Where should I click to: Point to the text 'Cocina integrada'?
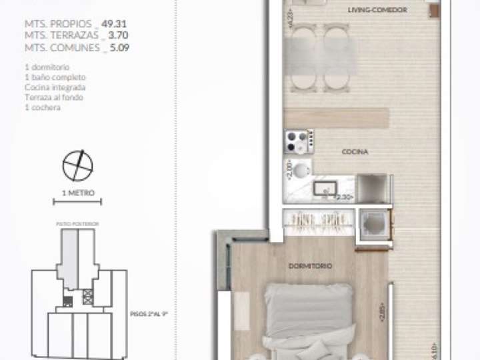(55, 87)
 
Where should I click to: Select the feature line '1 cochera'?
(41, 107)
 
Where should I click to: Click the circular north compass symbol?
(77, 165)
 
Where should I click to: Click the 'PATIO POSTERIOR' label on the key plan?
(77, 223)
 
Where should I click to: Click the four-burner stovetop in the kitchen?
(298, 141)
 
